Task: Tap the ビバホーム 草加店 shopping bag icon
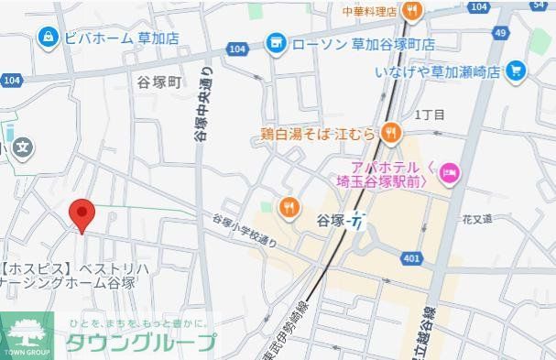pos(45,37)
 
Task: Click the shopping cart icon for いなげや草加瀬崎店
pos(517,70)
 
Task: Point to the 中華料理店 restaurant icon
pos(413,12)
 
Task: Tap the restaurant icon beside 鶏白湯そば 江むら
pos(390,134)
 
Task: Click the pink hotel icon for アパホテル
pos(449,170)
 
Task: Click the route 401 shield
pos(411,259)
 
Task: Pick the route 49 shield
pos(500,33)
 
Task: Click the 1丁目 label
pos(429,115)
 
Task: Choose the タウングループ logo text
pos(140,342)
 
